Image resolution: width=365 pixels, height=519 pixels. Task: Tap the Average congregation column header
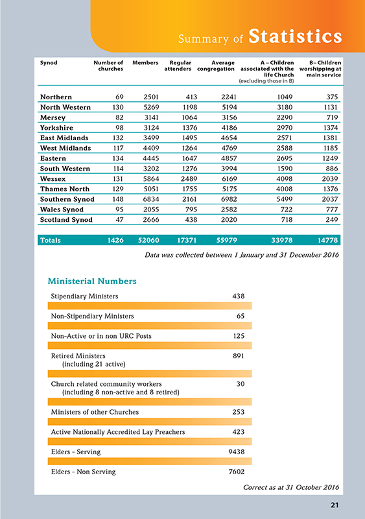click(211, 66)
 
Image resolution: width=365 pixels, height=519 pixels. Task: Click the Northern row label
click(56, 97)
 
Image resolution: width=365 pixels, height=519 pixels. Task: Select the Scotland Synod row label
click(67, 220)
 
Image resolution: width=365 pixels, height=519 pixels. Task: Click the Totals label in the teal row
click(51, 241)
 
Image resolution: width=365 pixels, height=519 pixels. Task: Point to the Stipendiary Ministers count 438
click(238, 296)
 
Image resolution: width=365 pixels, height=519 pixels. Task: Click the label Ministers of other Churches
click(95, 412)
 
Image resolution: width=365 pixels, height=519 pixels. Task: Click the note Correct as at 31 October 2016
click(292, 487)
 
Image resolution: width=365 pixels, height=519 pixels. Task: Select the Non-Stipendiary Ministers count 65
click(240, 316)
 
